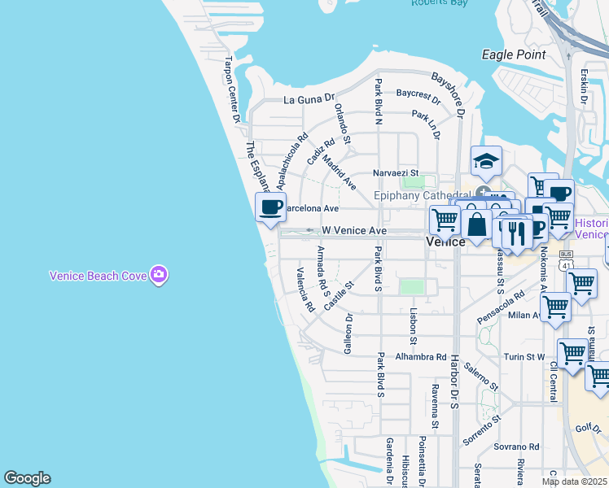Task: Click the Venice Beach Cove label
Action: point(98,276)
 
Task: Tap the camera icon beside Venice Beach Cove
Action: point(159,275)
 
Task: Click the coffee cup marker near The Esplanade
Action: point(270,207)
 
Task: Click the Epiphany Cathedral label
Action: point(423,195)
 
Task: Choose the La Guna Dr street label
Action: point(309,100)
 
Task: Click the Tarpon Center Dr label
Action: point(232,89)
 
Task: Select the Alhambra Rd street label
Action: point(421,356)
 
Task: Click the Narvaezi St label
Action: point(395,172)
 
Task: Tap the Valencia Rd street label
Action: point(305,290)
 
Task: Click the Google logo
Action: point(27,478)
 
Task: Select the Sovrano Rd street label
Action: point(516,447)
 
